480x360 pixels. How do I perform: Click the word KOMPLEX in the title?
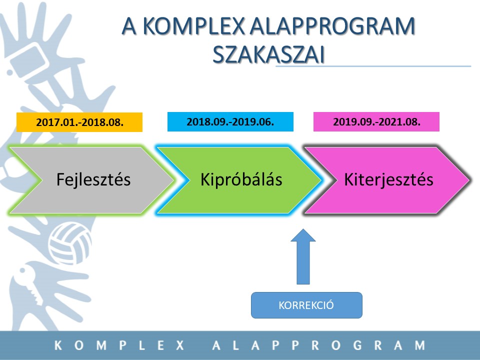coord(194,26)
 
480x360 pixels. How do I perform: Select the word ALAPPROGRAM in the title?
coord(332,26)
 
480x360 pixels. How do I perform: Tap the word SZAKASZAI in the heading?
coord(268,55)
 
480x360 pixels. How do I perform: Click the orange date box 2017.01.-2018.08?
coord(79,122)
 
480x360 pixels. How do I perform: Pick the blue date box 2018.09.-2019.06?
coord(230,122)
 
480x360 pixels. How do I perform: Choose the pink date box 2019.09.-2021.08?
coord(376,122)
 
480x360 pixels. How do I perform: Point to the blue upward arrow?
coord(303,257)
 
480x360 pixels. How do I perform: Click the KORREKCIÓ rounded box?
coord(306,305)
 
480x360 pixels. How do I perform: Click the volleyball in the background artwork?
coord(70,239)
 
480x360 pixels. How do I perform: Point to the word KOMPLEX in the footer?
coord(119,345)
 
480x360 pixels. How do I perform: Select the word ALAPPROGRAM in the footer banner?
coord(318,345)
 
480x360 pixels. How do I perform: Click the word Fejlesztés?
coord(93,179)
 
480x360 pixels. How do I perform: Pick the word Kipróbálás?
coord(241,179)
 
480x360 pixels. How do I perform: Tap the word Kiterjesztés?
coord(389,179)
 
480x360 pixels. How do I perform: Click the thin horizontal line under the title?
coord(373,66)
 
